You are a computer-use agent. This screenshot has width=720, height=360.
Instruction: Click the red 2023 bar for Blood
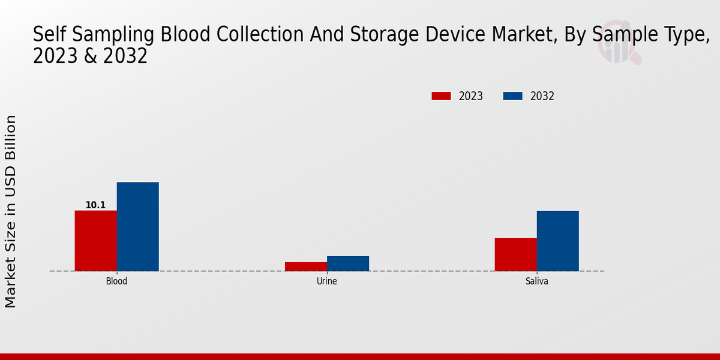95,241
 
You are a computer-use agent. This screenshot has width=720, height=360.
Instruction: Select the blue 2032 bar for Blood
137,226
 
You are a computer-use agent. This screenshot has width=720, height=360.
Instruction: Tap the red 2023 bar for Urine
305,266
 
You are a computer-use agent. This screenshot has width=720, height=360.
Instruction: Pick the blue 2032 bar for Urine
347,263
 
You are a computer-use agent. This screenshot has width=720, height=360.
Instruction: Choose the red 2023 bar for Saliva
515,254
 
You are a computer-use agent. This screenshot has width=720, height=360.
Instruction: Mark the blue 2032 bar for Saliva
557,241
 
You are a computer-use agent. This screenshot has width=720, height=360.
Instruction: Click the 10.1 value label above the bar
95,205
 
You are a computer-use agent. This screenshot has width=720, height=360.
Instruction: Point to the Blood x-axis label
116,281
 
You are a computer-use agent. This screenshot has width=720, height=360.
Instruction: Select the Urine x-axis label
326,281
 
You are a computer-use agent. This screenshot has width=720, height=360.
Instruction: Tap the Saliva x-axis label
536,281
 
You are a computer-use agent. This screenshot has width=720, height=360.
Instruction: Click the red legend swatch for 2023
441,96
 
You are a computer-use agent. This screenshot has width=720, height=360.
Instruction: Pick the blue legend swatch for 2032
512,96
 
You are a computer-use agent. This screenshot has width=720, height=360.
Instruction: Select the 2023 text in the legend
471,96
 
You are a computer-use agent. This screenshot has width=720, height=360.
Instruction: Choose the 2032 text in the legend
542,96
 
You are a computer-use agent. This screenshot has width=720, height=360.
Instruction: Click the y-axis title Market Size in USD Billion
11,211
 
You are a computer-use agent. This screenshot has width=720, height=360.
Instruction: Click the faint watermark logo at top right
619,46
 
